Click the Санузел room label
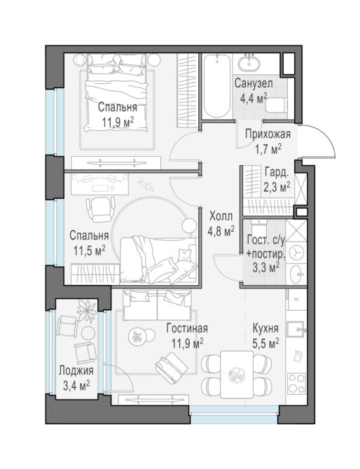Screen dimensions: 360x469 tap(254, 83)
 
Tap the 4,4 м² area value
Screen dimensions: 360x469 tap(254, 98)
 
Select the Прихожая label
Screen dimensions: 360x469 tap(268, 134)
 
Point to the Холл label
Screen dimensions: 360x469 tap(221, 216)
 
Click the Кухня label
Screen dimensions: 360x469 tap(265, 328)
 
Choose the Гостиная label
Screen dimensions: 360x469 tap(187, 328)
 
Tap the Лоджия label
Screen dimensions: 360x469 tap(76, 371)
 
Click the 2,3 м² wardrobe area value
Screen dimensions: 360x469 tap(277, 187)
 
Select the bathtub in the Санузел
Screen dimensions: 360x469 tap(216, 86)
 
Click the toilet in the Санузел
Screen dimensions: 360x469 tap(276, 105)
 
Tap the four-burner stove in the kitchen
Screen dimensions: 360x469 tap(296, 383)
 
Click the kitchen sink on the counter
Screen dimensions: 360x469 tap(296, 329)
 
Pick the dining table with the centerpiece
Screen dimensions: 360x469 tap(237, 374)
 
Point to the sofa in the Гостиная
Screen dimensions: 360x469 tap(158, 304)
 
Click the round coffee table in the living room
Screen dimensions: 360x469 tap(138, 337)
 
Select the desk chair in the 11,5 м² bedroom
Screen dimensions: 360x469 tap(101, 209)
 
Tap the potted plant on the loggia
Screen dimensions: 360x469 tap(87, 311)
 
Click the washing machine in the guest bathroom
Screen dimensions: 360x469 tap(296, 253)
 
